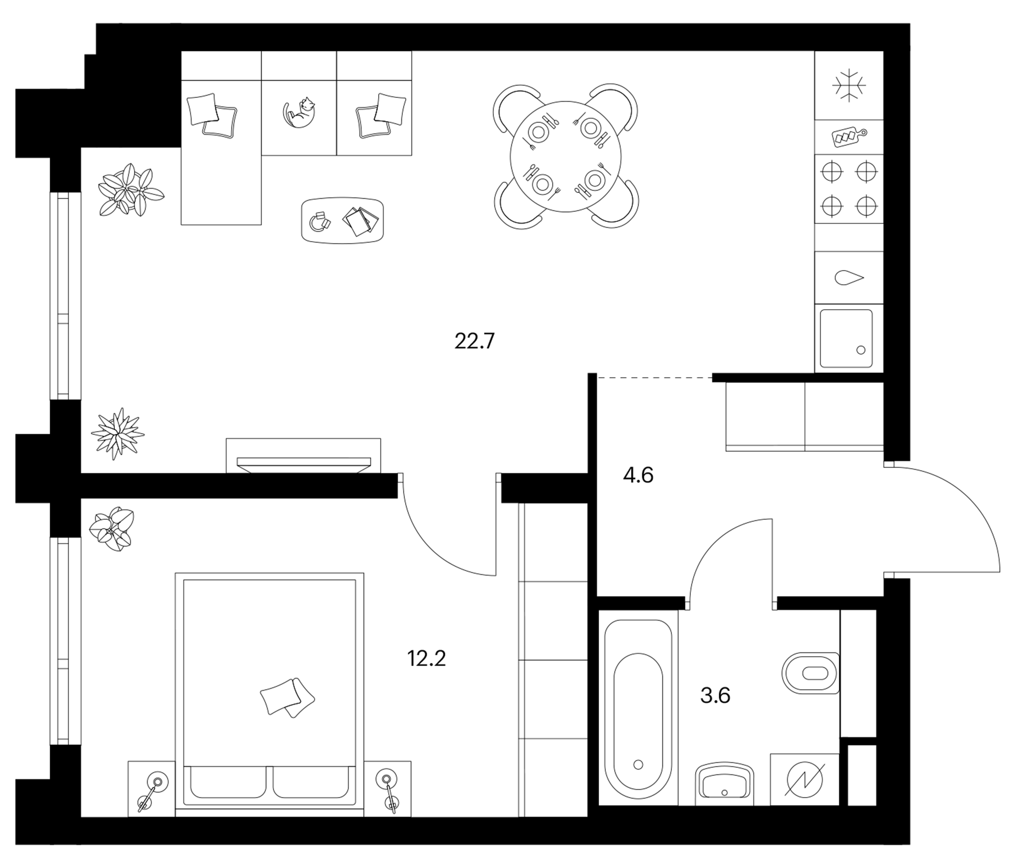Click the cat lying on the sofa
click(300, 114)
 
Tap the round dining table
click(566, 156)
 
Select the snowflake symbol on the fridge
click(849, 85)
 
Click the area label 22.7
click(475, 340)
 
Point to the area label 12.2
click(426, 659)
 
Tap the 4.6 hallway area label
click(638, 475)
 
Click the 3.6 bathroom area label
click(715, 695)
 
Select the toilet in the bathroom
click(810, 673)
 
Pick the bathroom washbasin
click(724, 784)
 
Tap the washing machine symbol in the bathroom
click(804, 779)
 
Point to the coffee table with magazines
click(342, 219)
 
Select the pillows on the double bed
click(287, 697)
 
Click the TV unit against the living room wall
click(303, 456)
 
